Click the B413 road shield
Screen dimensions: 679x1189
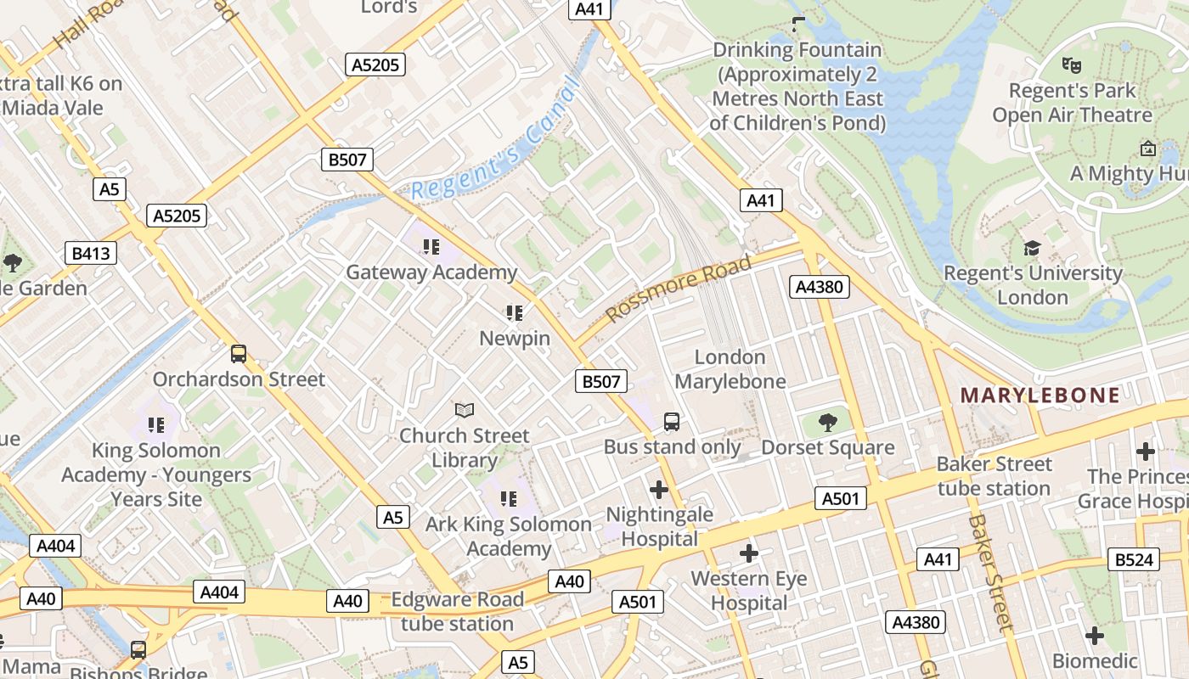[91, 253]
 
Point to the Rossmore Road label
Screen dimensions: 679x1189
[679, 289]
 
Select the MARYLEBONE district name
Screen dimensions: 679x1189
[1040, 395]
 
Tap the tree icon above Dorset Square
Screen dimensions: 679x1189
[827, 422]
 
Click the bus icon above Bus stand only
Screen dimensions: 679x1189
[672, 421]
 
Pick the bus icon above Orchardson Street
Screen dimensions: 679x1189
[239, 354]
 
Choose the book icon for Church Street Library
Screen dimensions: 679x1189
[464, 411]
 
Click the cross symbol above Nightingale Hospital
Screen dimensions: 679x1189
[659, 490]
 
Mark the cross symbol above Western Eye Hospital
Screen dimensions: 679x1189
[748, 554]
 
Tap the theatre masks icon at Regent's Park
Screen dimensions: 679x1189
[1072, 65]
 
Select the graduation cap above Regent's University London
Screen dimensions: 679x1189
[1033, 249]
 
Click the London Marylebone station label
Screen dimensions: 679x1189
[730, 369]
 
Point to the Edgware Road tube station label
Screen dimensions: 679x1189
[457, 611]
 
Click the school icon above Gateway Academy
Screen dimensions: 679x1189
[431, 247]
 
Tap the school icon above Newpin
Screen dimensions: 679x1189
[514, 313]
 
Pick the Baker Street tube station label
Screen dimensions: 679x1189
[994, 476]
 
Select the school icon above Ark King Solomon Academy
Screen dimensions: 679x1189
[509, 499]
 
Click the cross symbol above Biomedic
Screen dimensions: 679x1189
[1095, 636]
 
